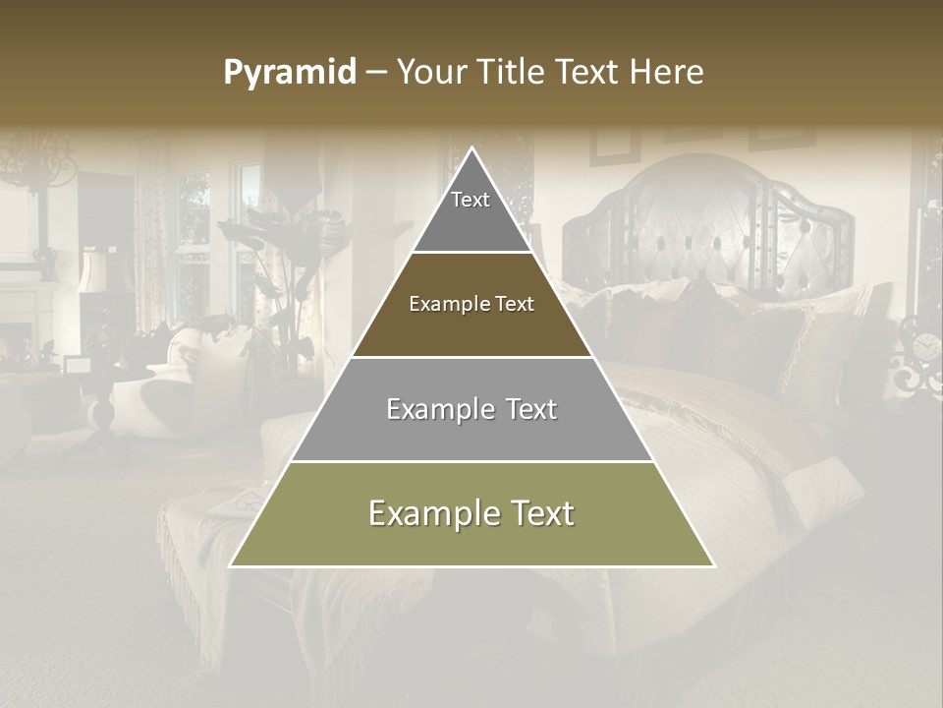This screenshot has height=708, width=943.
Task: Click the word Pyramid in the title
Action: (290, 73)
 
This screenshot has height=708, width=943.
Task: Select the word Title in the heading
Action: (515, 73)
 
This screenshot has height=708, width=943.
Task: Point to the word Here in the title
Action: (667, 73)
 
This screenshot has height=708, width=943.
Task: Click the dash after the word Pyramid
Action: (376, 74)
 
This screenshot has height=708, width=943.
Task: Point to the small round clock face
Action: (926, 346)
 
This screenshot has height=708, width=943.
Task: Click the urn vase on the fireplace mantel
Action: (44, 261)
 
